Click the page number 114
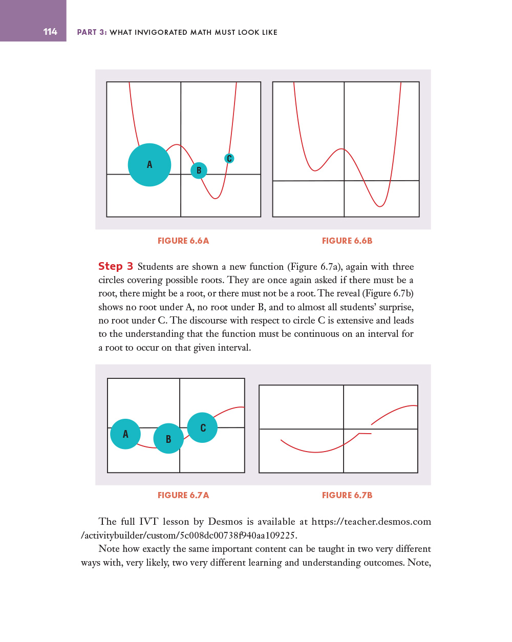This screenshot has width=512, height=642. (x=50, y=32)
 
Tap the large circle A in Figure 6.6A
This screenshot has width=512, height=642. (x=150, y=165)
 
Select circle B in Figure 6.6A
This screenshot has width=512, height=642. (x=199, y=170)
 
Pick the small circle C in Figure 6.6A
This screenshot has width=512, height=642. (x=229, y=159)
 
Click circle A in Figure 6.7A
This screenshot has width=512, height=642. (x=125, y=434)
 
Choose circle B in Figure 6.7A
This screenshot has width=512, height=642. (x=168, y=439)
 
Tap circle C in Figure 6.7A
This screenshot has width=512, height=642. (x=203, y=427)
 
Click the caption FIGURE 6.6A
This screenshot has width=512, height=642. (x=183, y=241)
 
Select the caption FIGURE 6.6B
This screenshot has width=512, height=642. (x=347, y=241)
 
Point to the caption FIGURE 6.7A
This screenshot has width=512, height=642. (x=183, y=495)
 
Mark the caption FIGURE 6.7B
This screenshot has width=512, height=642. (x=347, y=495)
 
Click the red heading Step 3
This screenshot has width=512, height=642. (x=116, y=266)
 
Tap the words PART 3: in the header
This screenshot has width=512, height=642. (x=92, y=32)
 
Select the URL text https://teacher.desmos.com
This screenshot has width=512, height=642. (x=371, y=522)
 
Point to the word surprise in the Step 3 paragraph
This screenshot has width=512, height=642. (x=396, y=307)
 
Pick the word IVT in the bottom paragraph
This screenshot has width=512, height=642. (x=148, y=522)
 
